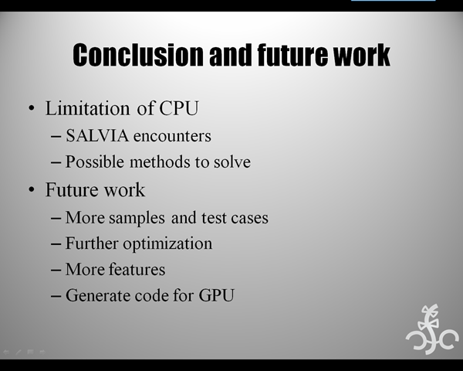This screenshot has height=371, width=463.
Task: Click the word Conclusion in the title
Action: coord(138,55)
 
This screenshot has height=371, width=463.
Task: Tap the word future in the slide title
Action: coord(292,55)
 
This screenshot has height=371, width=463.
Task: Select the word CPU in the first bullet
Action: coord(179,108)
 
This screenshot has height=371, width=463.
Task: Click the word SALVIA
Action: coord(97,136)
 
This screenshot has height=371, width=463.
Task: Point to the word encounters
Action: coord(172,136)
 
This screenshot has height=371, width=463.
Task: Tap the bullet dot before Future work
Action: coord(32,189)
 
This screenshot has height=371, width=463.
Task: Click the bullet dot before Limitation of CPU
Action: coord(32,108)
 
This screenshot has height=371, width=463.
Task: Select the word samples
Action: coord(137,218)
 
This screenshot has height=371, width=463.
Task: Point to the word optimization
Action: coord(167,244)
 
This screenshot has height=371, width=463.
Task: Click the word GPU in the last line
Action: coord(216,295)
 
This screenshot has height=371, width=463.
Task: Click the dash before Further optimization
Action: coord(56,244)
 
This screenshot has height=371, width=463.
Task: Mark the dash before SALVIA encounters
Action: coord(56,136)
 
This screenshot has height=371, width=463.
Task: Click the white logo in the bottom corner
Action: coord(432,329)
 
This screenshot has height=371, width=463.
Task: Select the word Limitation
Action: coord(87,108)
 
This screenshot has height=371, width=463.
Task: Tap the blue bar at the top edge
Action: coord(394,0)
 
